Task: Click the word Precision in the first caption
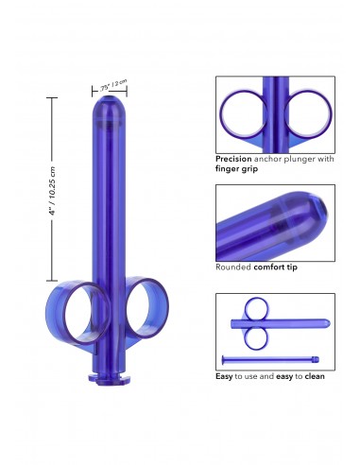pos(232,160)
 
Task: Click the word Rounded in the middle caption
pos(231,267)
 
